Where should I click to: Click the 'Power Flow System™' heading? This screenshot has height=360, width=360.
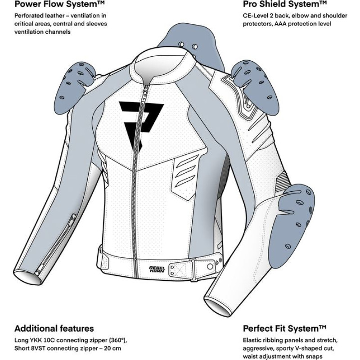tap(60, 5)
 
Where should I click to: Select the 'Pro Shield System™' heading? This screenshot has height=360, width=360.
tap(285, 5)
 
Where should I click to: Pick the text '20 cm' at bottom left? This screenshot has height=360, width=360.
tap(112, 348)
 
